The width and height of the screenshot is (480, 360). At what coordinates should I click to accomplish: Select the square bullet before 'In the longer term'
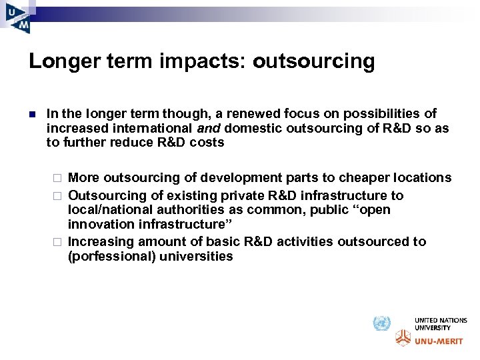pos(32,114)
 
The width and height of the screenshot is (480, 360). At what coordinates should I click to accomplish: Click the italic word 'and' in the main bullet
pos(208,128)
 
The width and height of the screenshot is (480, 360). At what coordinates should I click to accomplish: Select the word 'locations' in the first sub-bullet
pos(420,178)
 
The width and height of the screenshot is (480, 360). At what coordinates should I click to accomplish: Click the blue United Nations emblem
pos(381,324)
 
